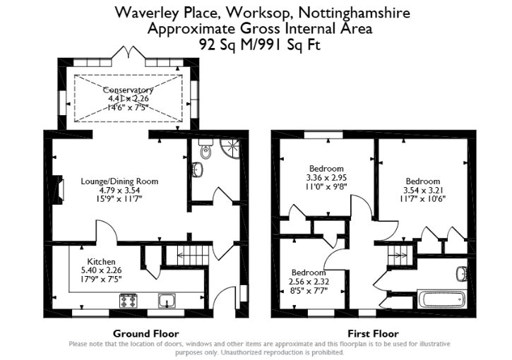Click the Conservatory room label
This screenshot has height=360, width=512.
(x=128, y=90)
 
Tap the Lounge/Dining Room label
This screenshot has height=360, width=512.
(x=119, y=181)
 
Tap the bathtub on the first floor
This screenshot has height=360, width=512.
(x=442, y=299)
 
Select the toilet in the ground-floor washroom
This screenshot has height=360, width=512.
(x=206, y=150)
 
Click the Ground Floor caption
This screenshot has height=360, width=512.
(x=145, y=333)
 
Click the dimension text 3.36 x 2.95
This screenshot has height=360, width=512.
(x=326, y=178)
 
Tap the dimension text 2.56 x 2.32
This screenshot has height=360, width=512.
(x=309, y=281)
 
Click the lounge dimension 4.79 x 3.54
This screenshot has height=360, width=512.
(x=119, y=190)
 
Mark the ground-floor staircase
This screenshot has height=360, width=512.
(x=192, y=253)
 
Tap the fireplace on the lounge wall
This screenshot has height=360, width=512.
(x=59, y=189)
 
